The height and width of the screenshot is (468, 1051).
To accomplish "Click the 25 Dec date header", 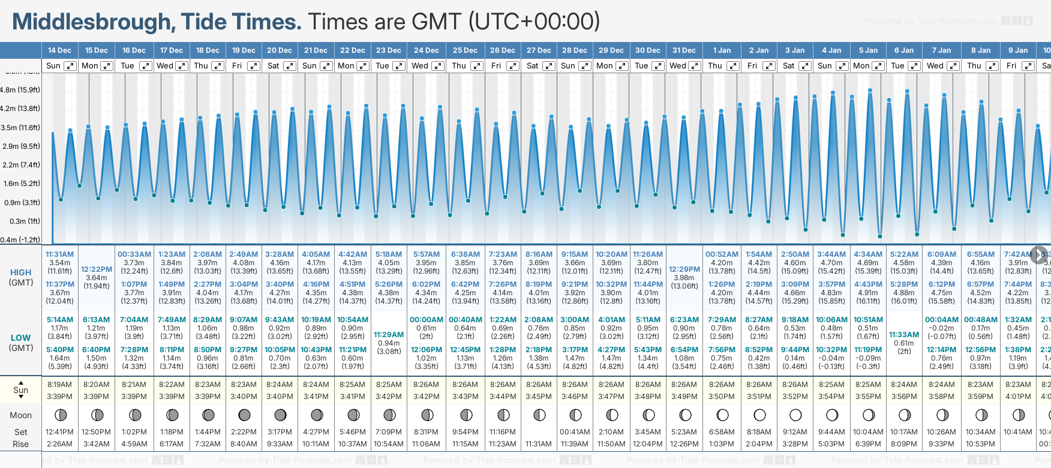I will (465, 50).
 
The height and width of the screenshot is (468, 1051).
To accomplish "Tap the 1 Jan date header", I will (722, 50).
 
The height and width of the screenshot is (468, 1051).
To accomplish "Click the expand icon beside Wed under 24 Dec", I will (438, 66).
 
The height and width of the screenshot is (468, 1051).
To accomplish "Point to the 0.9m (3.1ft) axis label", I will (20, 202).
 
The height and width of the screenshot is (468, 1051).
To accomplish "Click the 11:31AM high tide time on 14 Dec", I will (59, 254).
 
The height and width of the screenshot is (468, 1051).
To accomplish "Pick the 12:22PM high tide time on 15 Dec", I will (97, 269).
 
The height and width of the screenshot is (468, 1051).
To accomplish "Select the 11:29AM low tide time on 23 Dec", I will (389, 335).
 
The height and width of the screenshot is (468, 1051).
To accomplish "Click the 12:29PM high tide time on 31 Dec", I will (684, 269).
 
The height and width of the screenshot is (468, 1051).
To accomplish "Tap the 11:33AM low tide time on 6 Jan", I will (904, 335).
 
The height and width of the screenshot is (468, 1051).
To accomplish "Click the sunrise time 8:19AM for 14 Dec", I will (59, 385).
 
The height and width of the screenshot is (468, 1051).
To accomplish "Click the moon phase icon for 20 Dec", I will (280, 415).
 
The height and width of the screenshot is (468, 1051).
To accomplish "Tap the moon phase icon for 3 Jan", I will (795, 415).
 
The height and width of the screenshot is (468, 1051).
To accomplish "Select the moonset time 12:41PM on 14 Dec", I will (59, 432).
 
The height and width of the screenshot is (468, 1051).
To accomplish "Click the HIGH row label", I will (20, 272).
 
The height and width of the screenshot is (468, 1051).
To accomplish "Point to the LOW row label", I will (20, 338).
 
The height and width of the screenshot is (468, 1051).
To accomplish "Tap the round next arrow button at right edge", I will (1039, 254).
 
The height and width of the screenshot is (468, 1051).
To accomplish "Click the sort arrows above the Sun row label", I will (21, 382).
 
